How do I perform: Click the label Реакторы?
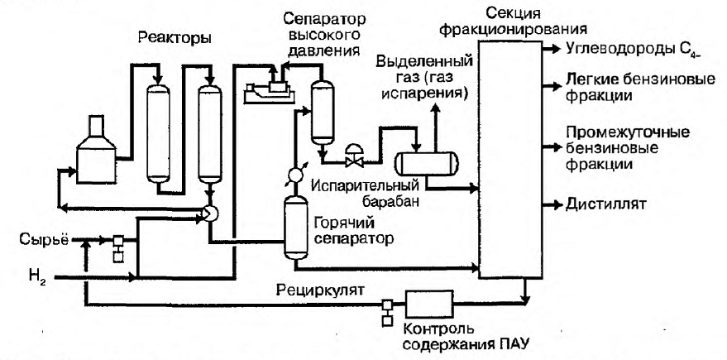[175, 39]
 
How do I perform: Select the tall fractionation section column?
[509, 159]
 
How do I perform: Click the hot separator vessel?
[295, 228]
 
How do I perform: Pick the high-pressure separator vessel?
[323, 112]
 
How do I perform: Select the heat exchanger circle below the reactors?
[209, 213]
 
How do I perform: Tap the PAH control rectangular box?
[429, 305]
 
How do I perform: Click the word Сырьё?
[44, 240]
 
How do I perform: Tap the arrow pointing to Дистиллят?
[552, 204]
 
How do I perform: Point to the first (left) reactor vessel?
[158, 133]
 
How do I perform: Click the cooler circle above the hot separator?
[295, 175]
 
